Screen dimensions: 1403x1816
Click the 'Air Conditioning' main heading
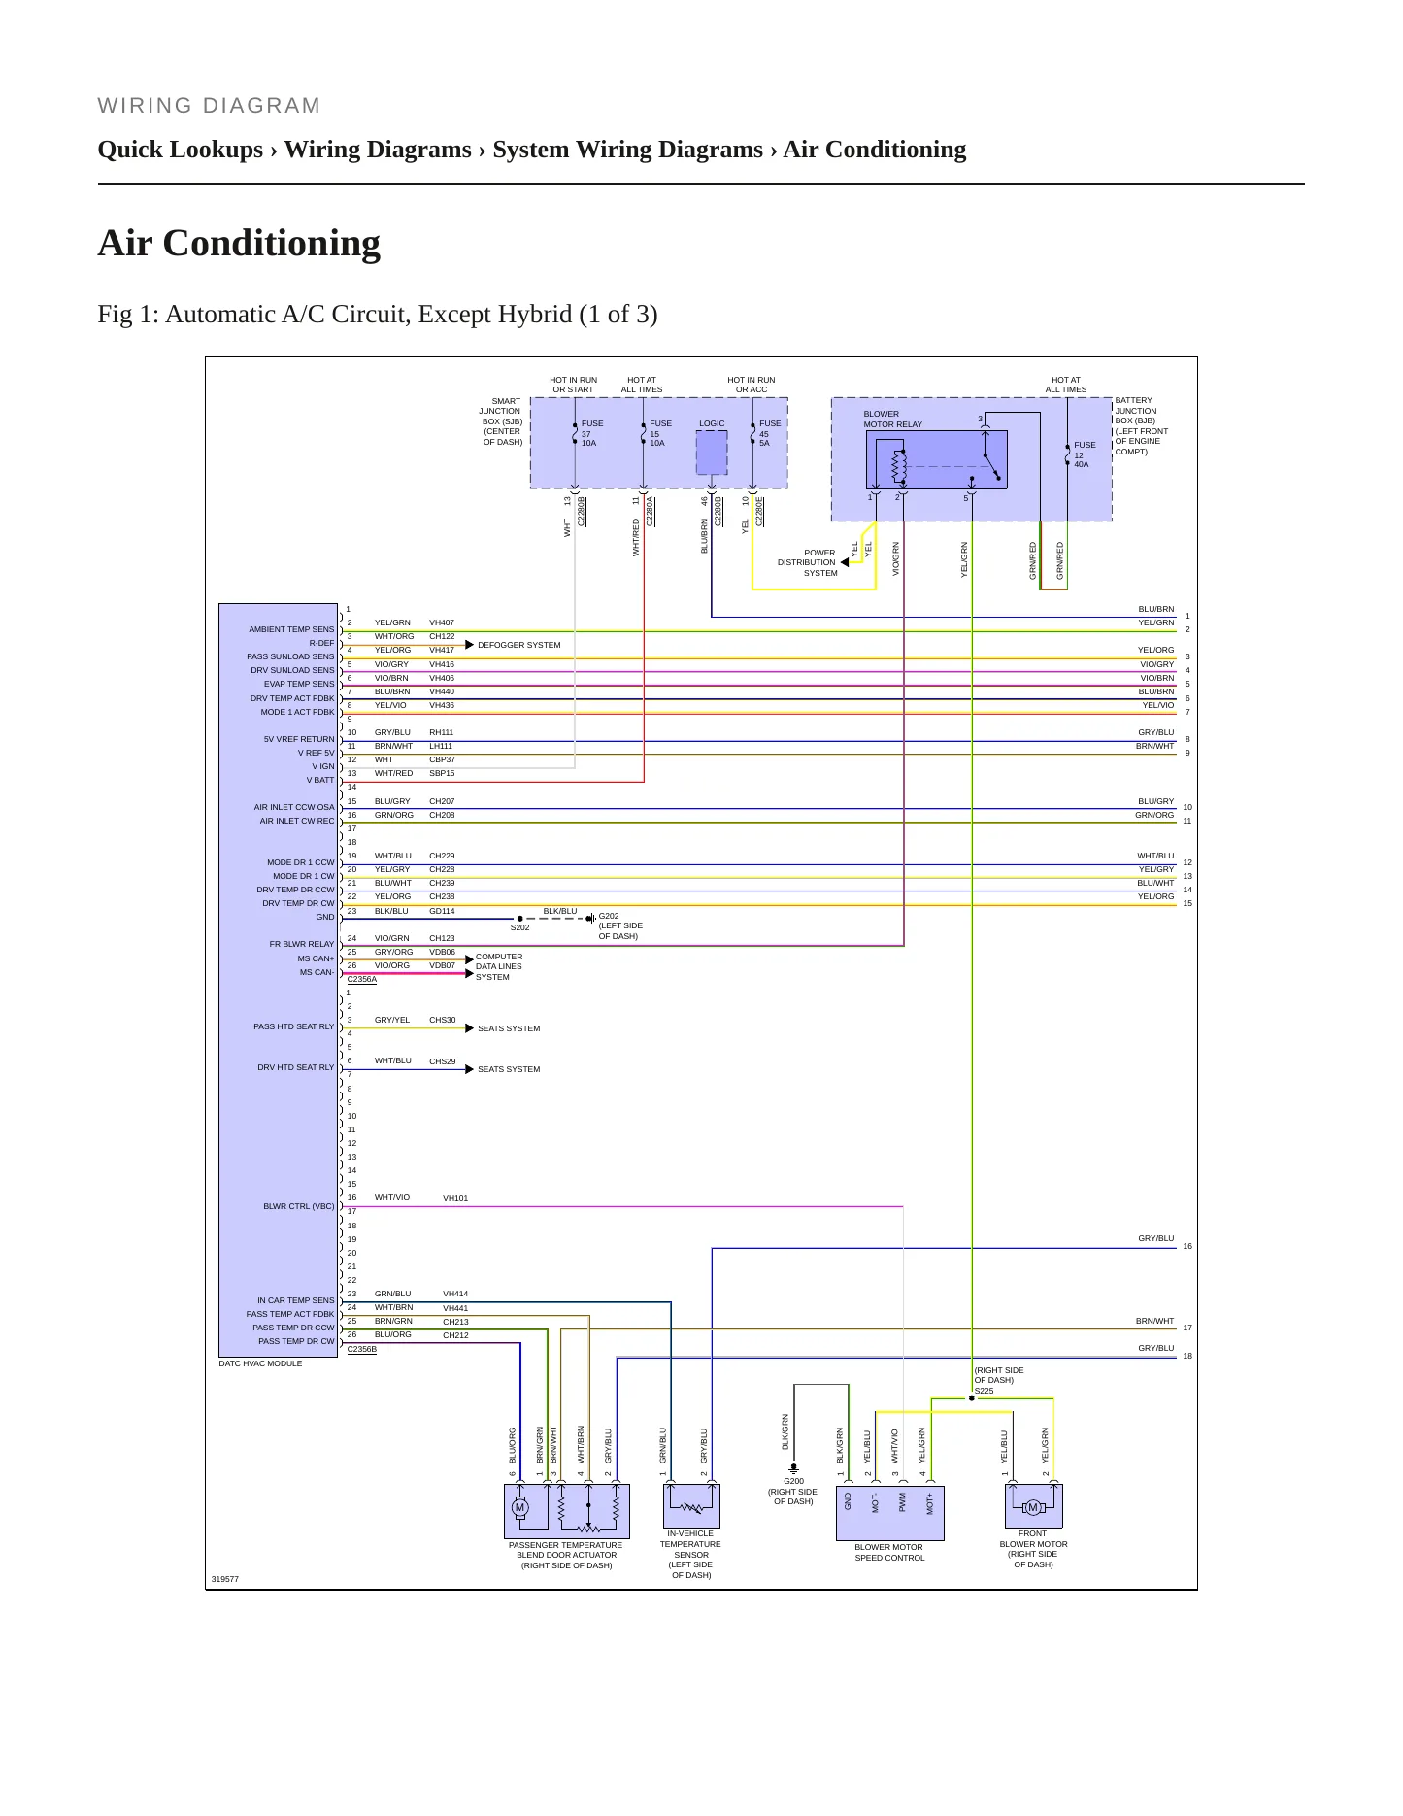pyautogui.click(x=239, y=243)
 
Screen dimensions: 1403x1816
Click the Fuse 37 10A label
pyautogui.click(x=592, y=433)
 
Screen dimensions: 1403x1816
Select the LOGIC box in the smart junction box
pyautogui.click(x=712, y=453)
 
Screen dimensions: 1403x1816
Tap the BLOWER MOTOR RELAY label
pyautogui.click(x=893, y=419)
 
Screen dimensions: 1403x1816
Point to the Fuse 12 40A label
pyautogui.click(x=1085, y=454)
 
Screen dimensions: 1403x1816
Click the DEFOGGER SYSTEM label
pyautogui.click(x=518, y=645)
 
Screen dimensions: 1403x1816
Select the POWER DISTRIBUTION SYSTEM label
pyautogui.click(x=807, y=562)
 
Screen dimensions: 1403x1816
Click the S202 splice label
pyautogui.click(x=520, y=927)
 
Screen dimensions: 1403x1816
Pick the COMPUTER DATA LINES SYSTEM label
pyautogui.click(x=499, y=966)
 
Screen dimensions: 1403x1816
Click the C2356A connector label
pyautogui.click(x=361, y=979)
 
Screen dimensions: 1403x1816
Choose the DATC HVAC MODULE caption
pyautogui.click(x=260, y=1363)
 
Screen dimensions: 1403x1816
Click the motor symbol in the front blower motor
pyautogui.click(x=1033, y=1507)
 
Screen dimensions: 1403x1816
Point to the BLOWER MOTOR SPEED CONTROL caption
pyautogui.click(x=889, y=1552)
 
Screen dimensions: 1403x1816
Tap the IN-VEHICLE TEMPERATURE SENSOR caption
pyautogui.click(x=691, y=1554)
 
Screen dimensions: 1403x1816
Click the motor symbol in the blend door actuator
pyautogui.click(x=519, y=1508)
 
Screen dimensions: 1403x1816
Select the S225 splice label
pyautogui.click(x=985, y=1391)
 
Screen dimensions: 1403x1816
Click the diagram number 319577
pyautogui.click(x=224, y=1579)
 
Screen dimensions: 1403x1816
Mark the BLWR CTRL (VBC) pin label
pyautogui.click(x=299, y=1206)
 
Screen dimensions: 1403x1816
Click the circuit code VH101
pyautogui.click(x=455, y=1198)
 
